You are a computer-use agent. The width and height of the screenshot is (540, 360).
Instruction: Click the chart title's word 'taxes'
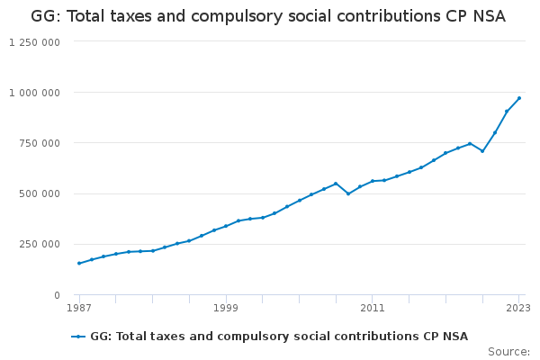[x=137, y=16]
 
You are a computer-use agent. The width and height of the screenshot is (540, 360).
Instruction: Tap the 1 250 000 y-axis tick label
[x=35, y=41]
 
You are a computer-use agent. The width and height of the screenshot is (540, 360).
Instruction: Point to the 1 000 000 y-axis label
[x=35, y=93]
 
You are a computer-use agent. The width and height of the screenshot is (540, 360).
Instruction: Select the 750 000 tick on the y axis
[x=41, y=143]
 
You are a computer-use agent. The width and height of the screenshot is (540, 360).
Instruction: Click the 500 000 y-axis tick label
[x=41, y=193]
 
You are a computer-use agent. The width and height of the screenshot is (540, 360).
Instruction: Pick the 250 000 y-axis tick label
[x=41, y=244]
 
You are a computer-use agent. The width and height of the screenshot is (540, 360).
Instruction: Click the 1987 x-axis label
[x=79, y=309]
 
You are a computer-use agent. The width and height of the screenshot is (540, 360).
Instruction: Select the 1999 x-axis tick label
[x=226, y=309]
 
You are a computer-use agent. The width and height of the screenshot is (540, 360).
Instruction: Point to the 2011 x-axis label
[x=373, y=309]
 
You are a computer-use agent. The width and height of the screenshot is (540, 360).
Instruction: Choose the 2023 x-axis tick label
[x=518, y=309]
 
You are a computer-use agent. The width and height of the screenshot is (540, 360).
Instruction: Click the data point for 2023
[x=519, y=98]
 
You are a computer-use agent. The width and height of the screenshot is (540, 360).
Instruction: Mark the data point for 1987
[x=79, y=263]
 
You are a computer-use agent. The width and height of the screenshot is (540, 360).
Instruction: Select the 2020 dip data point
[x=482, y=151]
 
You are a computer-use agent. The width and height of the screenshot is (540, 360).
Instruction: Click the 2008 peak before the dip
[x=336, y=184]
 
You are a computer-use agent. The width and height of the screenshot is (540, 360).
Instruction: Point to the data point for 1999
[x=226, y=226]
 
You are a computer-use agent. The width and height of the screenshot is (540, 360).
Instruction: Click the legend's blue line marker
[x=79, y=337]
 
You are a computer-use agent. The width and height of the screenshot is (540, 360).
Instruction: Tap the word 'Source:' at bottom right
[x=508, y=352]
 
